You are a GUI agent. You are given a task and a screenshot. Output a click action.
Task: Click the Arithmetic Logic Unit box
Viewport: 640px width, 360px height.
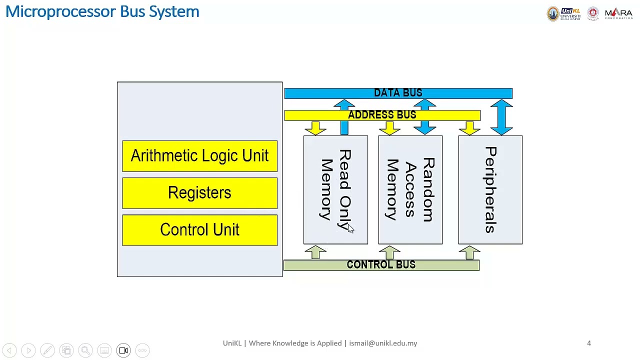[199, 156]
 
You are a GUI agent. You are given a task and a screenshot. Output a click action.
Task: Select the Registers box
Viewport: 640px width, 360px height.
[199, 193]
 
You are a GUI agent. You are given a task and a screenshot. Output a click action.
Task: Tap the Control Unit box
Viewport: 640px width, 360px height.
[199, 230]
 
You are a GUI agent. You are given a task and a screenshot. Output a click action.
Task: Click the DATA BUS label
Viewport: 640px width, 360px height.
[398, 93]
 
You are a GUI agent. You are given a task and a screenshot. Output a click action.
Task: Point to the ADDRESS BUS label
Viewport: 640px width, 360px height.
[382, 115]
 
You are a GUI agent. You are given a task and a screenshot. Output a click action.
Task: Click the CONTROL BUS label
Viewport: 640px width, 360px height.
[381, 265]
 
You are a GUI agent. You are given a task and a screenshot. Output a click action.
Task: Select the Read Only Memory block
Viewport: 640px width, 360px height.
[335, 190]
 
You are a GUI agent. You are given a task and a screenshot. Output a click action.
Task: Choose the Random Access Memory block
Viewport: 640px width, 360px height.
[410, 190]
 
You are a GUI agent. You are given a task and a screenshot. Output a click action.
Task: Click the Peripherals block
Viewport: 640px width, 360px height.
[490, 190]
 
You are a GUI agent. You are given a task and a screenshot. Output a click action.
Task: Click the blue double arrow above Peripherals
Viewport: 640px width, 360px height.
[501, 117]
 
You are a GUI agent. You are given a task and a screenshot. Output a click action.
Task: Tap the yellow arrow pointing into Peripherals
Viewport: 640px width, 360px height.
[469, 128]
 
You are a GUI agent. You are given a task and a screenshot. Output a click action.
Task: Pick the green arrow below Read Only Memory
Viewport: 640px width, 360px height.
[315, 252]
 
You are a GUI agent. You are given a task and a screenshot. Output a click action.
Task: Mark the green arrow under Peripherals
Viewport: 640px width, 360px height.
[469, 252]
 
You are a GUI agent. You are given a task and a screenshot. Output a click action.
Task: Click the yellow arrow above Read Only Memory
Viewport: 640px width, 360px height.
[315, 128]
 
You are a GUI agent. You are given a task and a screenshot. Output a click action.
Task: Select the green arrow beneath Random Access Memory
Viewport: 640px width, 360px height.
[389, 252]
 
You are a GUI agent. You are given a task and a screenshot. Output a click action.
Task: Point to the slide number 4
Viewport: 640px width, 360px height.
[589, 343]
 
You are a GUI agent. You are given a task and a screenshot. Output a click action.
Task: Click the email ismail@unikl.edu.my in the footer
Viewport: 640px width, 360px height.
[383, 343]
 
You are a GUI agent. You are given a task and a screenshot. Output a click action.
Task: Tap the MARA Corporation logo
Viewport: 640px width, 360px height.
[618, 13]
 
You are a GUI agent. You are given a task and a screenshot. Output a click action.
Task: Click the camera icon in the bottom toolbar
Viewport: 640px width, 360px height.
[123, 350]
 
